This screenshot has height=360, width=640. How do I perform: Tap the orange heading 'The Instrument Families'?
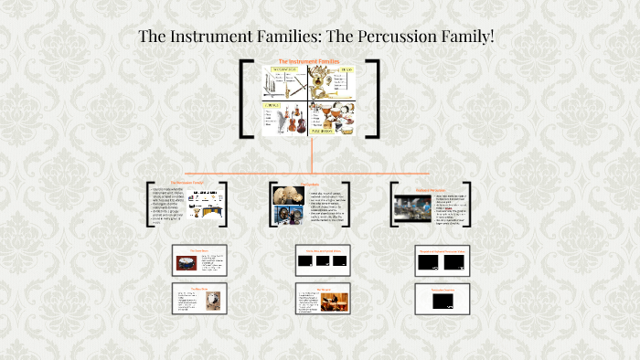coord(308,62)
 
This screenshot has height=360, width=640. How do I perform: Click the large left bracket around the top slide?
coord(246,99)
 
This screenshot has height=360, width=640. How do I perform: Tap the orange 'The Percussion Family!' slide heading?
coord(187,183)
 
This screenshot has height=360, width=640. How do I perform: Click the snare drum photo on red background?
coord(188,264)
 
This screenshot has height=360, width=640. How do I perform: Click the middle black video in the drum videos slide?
coord(322,261)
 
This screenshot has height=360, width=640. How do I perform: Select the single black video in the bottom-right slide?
coord(442,302)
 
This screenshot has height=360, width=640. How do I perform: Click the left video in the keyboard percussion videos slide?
coord(426,263)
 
